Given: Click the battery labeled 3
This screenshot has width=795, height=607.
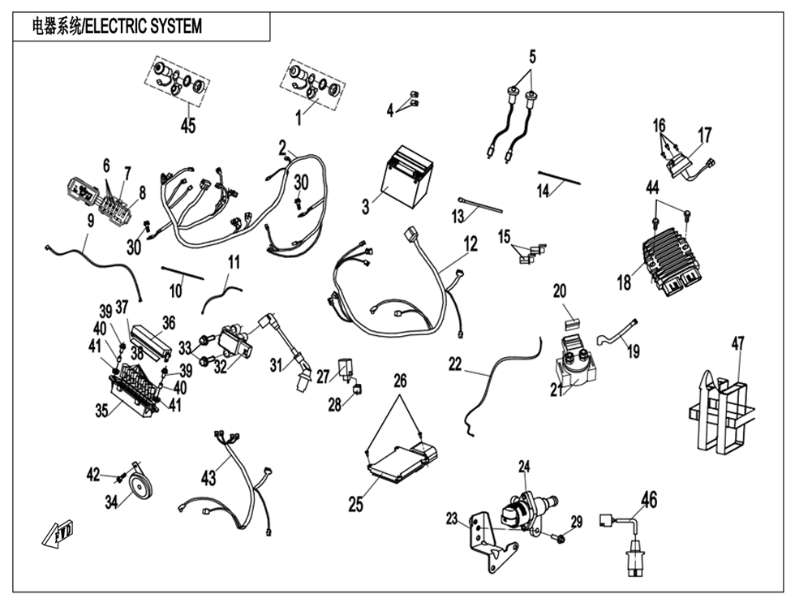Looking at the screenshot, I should tap(410, 180).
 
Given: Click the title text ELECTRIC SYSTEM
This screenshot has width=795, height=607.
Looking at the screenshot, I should tap(116, 26).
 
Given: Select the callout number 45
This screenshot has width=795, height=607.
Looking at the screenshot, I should tap(188, 126).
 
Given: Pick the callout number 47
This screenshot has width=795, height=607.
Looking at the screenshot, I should tap(737, 344).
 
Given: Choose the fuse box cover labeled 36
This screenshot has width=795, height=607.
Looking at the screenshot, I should tap(152, 338).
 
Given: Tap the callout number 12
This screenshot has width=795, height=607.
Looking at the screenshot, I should tap(471, 243).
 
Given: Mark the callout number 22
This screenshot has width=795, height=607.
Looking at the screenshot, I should tap(455, 364).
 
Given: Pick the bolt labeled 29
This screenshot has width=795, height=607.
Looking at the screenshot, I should tap(560, 536).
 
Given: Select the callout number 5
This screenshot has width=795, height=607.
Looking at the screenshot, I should tap(532, 57).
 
